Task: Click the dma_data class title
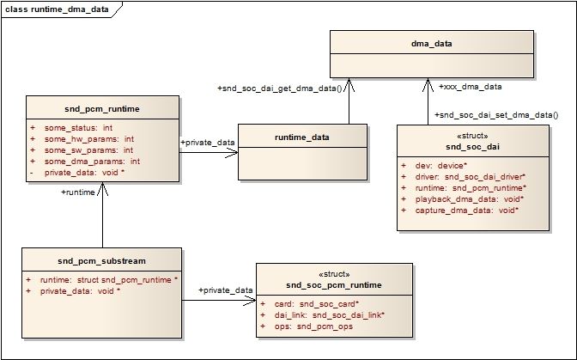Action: tap(432, 44)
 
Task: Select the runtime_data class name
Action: tap(302, 137)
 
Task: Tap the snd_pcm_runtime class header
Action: tap(102, 109)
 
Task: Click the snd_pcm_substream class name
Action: tap(101, 261)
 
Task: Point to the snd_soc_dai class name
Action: tap(472, 147)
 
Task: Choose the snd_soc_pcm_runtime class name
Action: tap(334, 285)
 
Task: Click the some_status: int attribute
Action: tap(78, 128)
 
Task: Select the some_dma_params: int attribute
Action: tap(92, 162)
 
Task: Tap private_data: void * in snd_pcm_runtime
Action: tap(84, 173)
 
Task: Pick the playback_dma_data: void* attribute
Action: tap(470, 199)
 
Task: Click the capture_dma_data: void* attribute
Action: tap(467, 211)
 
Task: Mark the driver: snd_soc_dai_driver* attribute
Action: tap(471, 177)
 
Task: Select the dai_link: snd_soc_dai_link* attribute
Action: tap(330, 315)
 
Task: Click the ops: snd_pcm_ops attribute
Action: tap(313, 326)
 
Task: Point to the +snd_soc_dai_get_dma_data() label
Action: tap(280, 88)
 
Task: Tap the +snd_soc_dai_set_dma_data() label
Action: tap(496, 115)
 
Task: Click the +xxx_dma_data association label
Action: tap(471, 87)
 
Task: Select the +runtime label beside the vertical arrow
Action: tap(78, 192)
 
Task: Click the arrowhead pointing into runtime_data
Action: tap(232, 153)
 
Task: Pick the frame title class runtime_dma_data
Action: tap(57, 9)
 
